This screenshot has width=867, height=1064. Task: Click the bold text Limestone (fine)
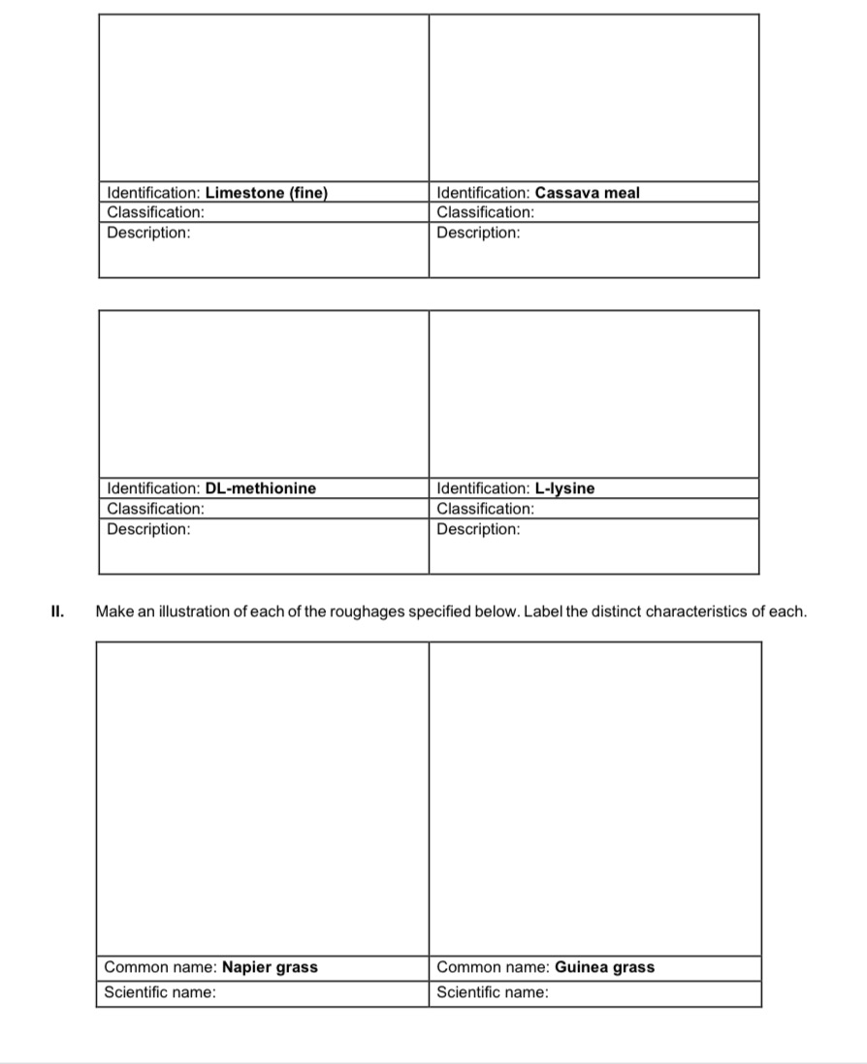267,193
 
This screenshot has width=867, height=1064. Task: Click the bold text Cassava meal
587,193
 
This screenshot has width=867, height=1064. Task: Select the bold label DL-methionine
261,488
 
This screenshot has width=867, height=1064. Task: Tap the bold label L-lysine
564,488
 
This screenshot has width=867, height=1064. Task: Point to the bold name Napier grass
270,967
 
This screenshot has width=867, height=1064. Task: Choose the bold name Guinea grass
604,967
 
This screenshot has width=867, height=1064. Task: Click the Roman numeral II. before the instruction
57,611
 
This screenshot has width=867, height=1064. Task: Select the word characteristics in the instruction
697,611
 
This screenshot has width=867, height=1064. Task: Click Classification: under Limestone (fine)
155,212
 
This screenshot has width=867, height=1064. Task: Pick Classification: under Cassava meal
486,212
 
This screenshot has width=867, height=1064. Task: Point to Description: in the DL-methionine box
148,529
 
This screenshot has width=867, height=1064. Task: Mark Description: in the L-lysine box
478,529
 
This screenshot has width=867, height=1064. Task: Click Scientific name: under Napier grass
160,992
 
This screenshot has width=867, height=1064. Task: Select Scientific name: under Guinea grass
493,992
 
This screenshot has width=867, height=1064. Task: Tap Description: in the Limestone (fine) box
148,234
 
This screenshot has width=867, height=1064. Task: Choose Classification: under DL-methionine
155,509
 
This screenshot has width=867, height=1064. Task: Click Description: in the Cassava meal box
478,234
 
